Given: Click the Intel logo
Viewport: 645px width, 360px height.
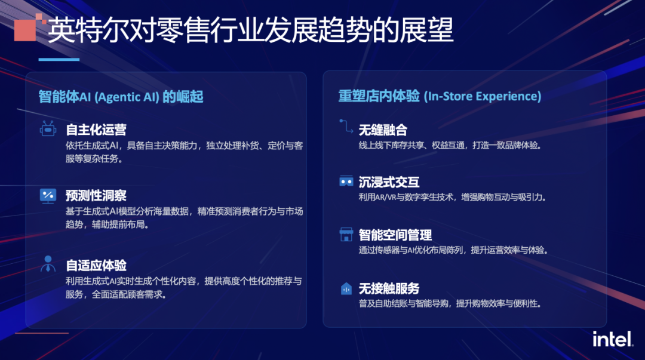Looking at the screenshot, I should point(612,339).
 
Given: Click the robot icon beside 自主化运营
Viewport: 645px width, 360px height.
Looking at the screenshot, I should point(48,129).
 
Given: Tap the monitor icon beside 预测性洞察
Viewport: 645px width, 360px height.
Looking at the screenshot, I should point(48,195).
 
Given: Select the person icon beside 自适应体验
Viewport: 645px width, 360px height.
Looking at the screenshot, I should point(48,264).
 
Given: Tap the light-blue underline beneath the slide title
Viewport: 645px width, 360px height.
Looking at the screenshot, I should point(59,59).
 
